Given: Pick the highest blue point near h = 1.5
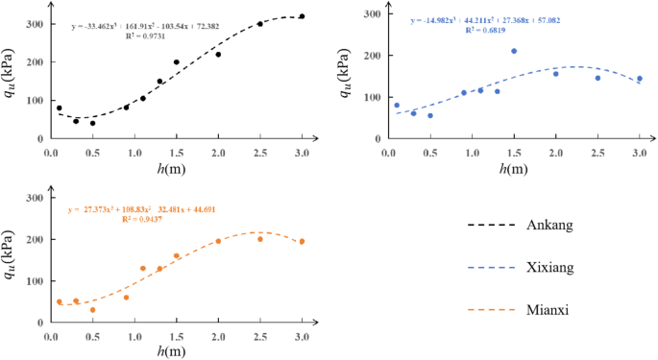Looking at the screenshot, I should coord(514,51).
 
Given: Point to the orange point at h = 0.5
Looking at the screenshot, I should coord(93,310).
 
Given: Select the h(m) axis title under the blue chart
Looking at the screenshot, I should coord(514,169).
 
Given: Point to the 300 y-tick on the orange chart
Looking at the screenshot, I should coord(37,198).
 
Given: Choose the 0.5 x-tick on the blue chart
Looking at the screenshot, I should coord(430,154).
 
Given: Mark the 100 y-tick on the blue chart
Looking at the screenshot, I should coord(368,97).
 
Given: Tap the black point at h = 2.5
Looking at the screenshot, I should coord(260,24).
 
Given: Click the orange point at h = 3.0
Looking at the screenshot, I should coord(302,242).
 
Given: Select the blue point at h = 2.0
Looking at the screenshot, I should coord(555,74).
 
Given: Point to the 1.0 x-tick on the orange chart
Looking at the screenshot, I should coord(134,337).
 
